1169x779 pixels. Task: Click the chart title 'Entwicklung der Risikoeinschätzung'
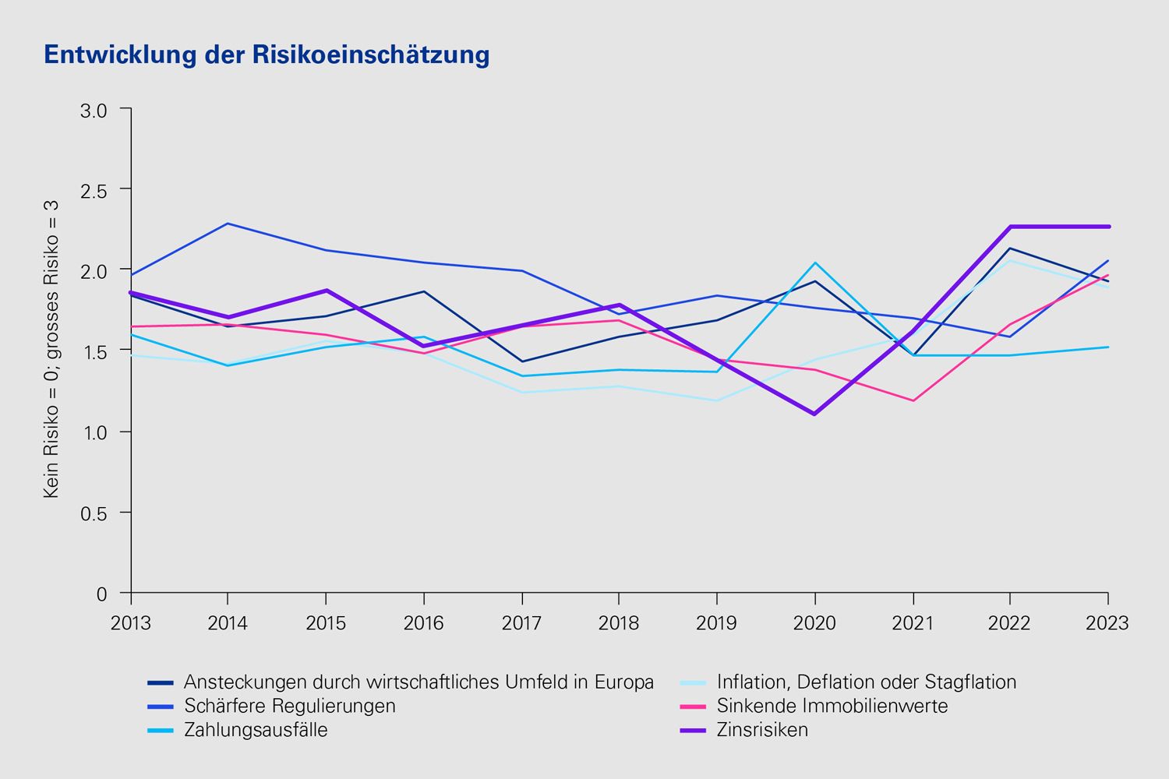(x=267, y=55)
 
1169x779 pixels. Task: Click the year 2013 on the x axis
(x=131, y=623)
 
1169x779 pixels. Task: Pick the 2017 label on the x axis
(x=521, y=623)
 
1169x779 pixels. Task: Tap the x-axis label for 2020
(x=814, y=623)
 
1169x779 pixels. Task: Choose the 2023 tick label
(x=1107, y=623)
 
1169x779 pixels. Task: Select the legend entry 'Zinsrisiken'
(x=761, y=730)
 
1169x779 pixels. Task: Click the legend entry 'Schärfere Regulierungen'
(x=289, y=706)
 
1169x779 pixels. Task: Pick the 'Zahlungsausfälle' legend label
(x=255, y=730)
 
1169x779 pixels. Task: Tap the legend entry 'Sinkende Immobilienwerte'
(x=832, y=706)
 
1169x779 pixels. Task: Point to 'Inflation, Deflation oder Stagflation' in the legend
(x=866, y=682)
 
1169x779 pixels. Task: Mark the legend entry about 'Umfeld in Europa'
(x=419, y=682)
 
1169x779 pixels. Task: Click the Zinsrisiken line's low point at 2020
(x=814, y=414)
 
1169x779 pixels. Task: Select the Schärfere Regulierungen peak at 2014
(x=228, y=224)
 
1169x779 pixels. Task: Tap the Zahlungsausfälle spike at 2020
(x=814, y=263)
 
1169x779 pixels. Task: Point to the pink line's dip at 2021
(x=913, y=401)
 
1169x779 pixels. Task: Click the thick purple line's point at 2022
(x=1010, y=227)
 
